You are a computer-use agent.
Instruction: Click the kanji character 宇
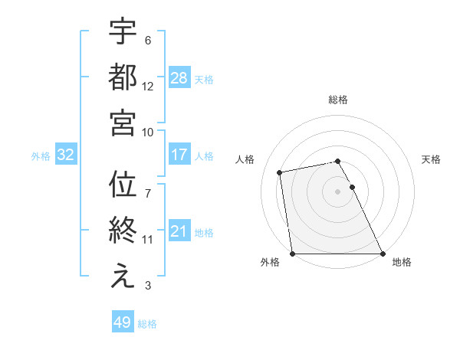(x=123, y=32)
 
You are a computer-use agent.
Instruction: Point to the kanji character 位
(x=123, y=186)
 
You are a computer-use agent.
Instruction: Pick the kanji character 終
(x=123, y=231)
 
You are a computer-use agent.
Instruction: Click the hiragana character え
(x=123, y=277)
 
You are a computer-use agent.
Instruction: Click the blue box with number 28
(x=179, y=77)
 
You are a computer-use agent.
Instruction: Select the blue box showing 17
(x=179, y=155)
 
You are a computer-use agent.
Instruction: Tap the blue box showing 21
(x=179, y=231)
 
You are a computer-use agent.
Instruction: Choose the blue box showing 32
(x=65, y=155)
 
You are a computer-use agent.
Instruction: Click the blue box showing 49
(x=123, y=322)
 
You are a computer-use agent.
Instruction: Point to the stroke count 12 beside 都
(x=148, y=87)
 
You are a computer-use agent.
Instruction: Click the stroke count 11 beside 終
(x=147, y=240)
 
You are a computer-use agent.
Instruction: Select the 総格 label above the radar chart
(x=338, y=100)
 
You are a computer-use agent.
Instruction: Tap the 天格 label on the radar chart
(x=432, y=159)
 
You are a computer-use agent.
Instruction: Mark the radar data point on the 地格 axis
(x=382, y=254)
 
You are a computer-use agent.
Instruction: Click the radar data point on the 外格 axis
(x=293, y=254)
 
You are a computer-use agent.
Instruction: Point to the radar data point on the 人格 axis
(x=281, y=172)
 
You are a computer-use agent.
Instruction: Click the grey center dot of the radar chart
(x=337, y=191)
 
